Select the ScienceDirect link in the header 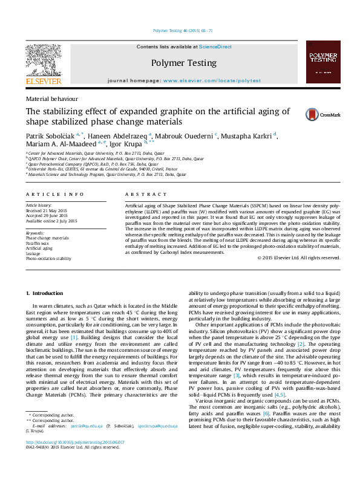click(215, 47)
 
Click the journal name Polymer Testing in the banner click(183, 62)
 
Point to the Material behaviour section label click(51, 98)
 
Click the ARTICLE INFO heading click(54, 194)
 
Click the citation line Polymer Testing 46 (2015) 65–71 click(180, 30)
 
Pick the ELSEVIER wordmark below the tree click(43, 80)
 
